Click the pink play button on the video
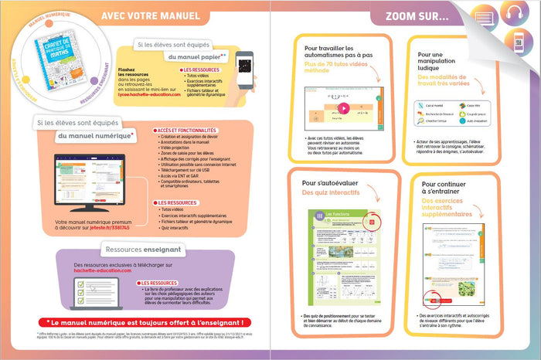[x=342, y=108]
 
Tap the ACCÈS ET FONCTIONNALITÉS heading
[x=188, y=131]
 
